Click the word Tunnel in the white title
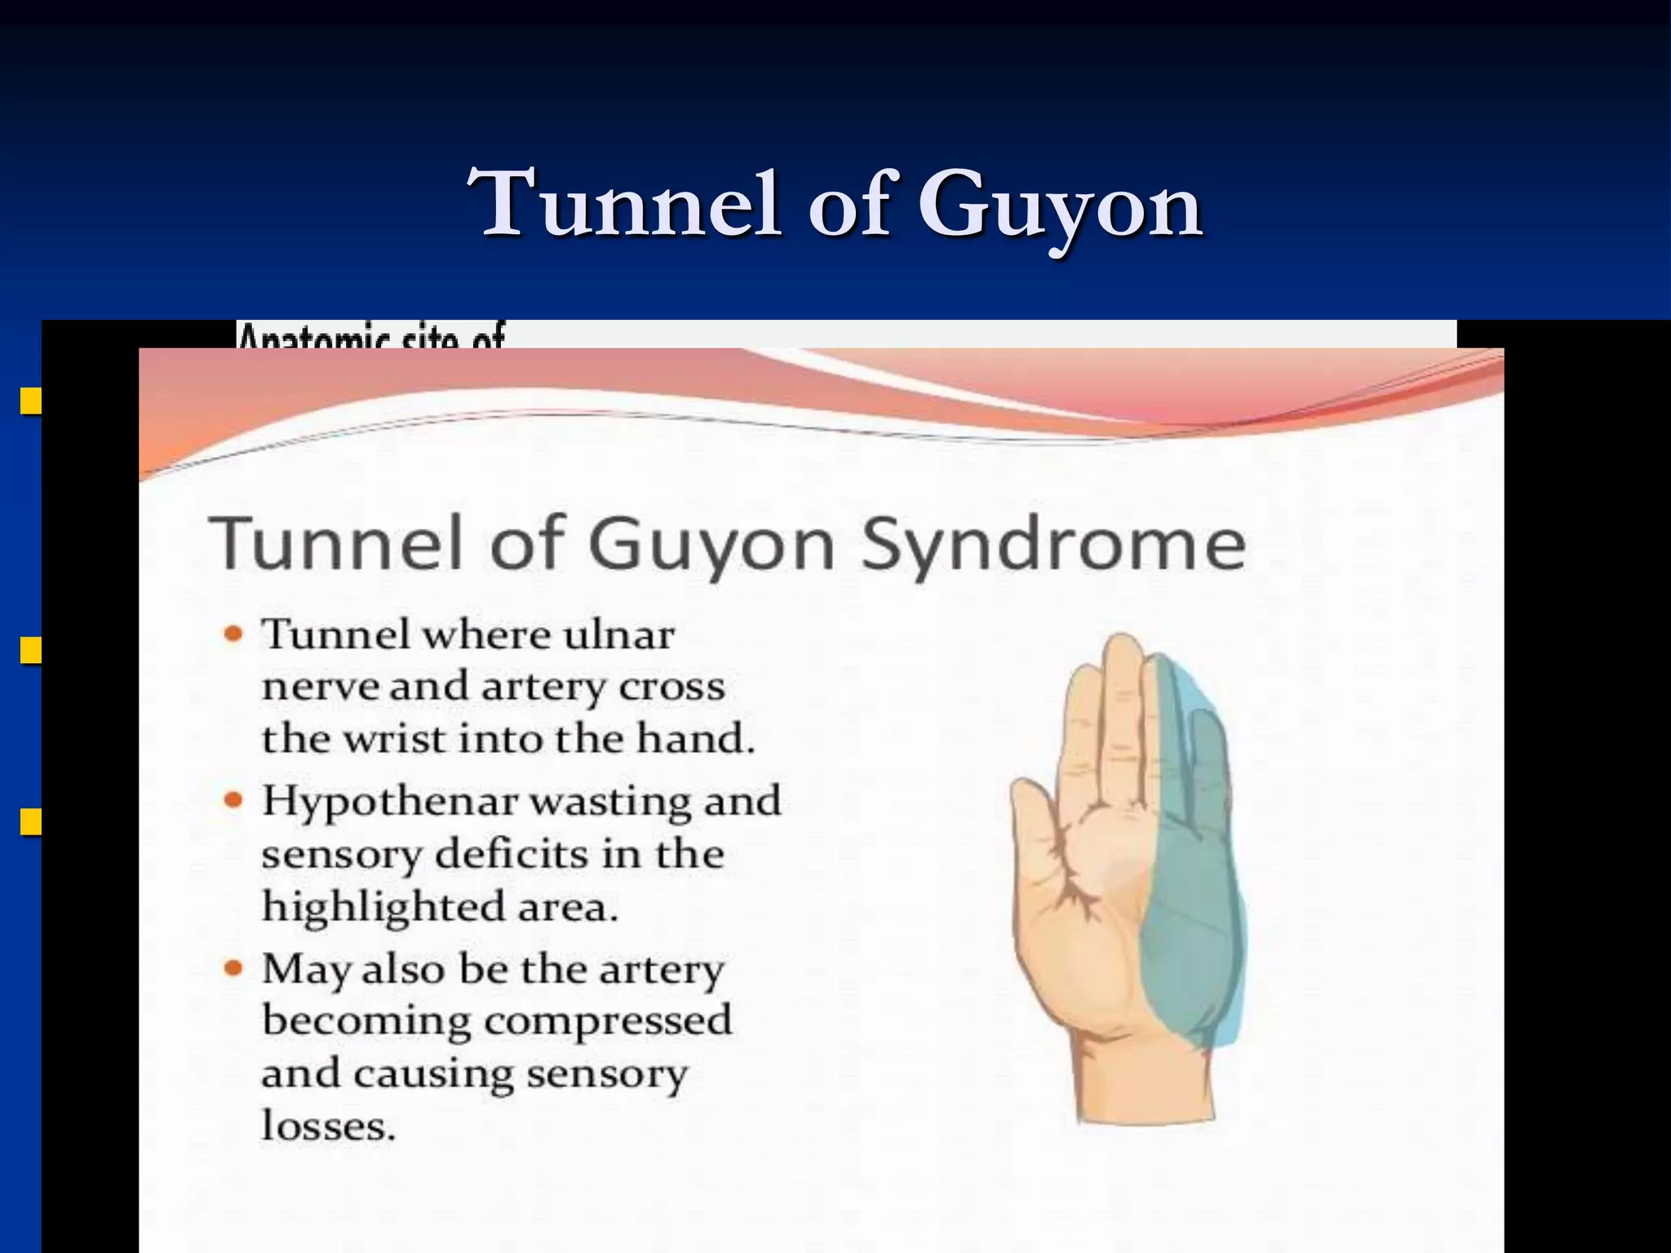pyautogui.click(x=625, y=204)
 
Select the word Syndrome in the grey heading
pyautogui.click(x=1053, y=544)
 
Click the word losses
pyautogui.click(x=329, y=1126)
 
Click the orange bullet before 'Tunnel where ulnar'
pyautogui.click(x=234, y=634)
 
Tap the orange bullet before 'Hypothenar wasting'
pyautogui.click(x=234, y=800)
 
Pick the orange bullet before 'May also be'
pyautogui.click(x=234, y=968)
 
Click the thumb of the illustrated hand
pyautogui.click(x=1031, y=816)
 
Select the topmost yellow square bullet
pyautogui.click(x=31, y=401)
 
